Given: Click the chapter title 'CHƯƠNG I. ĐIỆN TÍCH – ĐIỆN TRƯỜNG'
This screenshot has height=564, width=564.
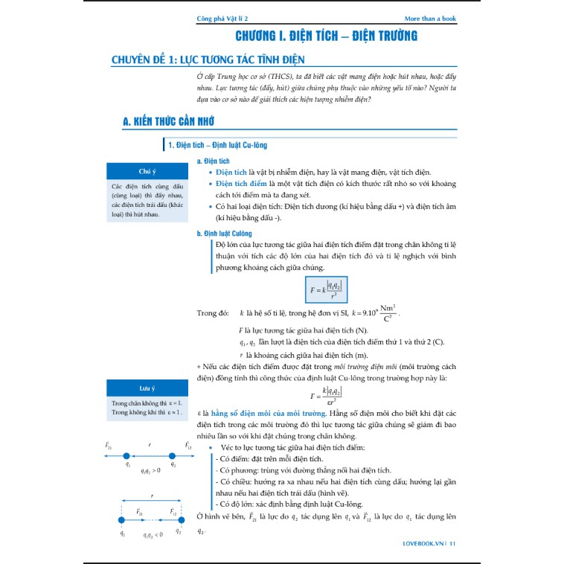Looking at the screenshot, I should pos(326,36).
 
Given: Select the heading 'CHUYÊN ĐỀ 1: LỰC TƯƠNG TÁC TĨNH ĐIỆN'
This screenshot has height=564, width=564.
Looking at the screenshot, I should pos(208,60).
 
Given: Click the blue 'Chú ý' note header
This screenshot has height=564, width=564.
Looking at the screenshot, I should pos(146,170).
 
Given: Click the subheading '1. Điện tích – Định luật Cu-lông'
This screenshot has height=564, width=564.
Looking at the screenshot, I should pos(211,144).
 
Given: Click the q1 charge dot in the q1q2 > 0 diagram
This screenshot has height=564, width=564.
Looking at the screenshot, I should pos(127,455).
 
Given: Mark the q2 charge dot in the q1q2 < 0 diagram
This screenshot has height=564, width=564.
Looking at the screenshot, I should pos(180,522).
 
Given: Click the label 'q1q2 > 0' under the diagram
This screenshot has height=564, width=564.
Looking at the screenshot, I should pos(151,472).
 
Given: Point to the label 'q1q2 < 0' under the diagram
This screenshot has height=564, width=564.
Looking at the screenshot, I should pos(153,534).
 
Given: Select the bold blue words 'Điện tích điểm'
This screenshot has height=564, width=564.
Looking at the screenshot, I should pos(241,184).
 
